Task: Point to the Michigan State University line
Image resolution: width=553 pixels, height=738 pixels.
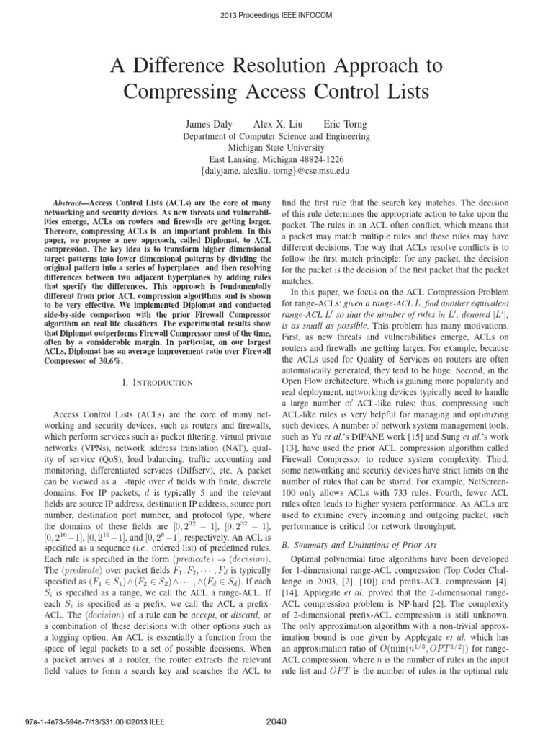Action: [276, 148]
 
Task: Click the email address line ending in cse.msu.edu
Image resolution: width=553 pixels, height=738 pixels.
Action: [276, 171]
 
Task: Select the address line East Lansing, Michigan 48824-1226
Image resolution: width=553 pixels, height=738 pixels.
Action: [276, 159]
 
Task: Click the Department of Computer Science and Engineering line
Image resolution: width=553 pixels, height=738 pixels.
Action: [276, 136]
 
